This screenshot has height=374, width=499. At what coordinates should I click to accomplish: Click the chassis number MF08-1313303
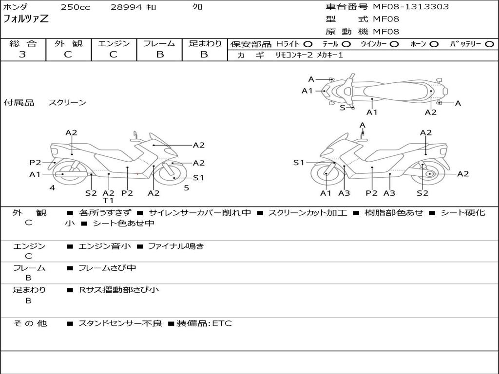[410, 7]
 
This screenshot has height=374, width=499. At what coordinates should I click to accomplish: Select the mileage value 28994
[126, 7]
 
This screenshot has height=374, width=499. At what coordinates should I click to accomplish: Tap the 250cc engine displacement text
[76, 7]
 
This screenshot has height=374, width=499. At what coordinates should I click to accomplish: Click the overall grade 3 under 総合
[22, 54]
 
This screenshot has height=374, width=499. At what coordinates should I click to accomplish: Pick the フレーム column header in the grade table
[159, 43]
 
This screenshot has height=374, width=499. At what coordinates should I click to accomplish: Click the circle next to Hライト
[308, 44]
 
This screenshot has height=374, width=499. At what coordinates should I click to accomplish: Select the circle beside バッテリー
[489, 44]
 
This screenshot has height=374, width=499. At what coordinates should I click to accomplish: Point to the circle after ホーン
[434, 44]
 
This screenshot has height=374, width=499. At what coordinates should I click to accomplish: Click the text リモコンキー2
[294, 55]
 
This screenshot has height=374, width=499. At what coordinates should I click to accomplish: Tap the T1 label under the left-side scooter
[108, 200]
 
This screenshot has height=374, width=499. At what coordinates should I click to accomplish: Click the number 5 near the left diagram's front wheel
[187, 188]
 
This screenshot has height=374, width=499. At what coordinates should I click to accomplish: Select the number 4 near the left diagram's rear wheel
[52, 188]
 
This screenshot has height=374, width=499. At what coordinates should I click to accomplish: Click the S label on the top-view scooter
[343, 108]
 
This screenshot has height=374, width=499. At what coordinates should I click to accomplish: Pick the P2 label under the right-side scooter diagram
[371, 193]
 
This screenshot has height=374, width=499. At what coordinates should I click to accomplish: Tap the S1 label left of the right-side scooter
[299, 163]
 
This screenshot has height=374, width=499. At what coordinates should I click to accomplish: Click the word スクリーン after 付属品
[67, 102]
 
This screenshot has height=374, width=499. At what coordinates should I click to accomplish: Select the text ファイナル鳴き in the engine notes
[176, 246]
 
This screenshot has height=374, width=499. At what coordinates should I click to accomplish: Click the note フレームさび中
[107, 268]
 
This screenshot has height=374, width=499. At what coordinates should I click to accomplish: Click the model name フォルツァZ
[26, 19]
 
